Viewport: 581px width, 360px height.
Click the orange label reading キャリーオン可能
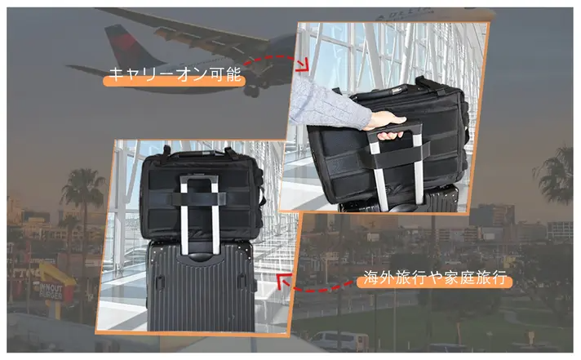click(174, 77)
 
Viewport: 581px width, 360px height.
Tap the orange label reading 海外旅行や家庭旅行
click(434, 278)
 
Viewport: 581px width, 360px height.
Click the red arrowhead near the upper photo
click(303, 64)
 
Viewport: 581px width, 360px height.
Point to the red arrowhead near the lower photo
click(284, 281)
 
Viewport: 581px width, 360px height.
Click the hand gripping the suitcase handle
click(388, 126)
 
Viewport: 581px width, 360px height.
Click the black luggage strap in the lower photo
click(198, 198)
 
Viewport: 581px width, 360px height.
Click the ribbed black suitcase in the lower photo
click(201, 286)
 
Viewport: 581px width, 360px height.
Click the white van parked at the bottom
click(339, 341)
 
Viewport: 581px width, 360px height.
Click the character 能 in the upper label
click(233, 74)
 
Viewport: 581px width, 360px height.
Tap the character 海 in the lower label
click(371, 278)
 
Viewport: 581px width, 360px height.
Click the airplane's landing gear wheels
click(251, 90)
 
